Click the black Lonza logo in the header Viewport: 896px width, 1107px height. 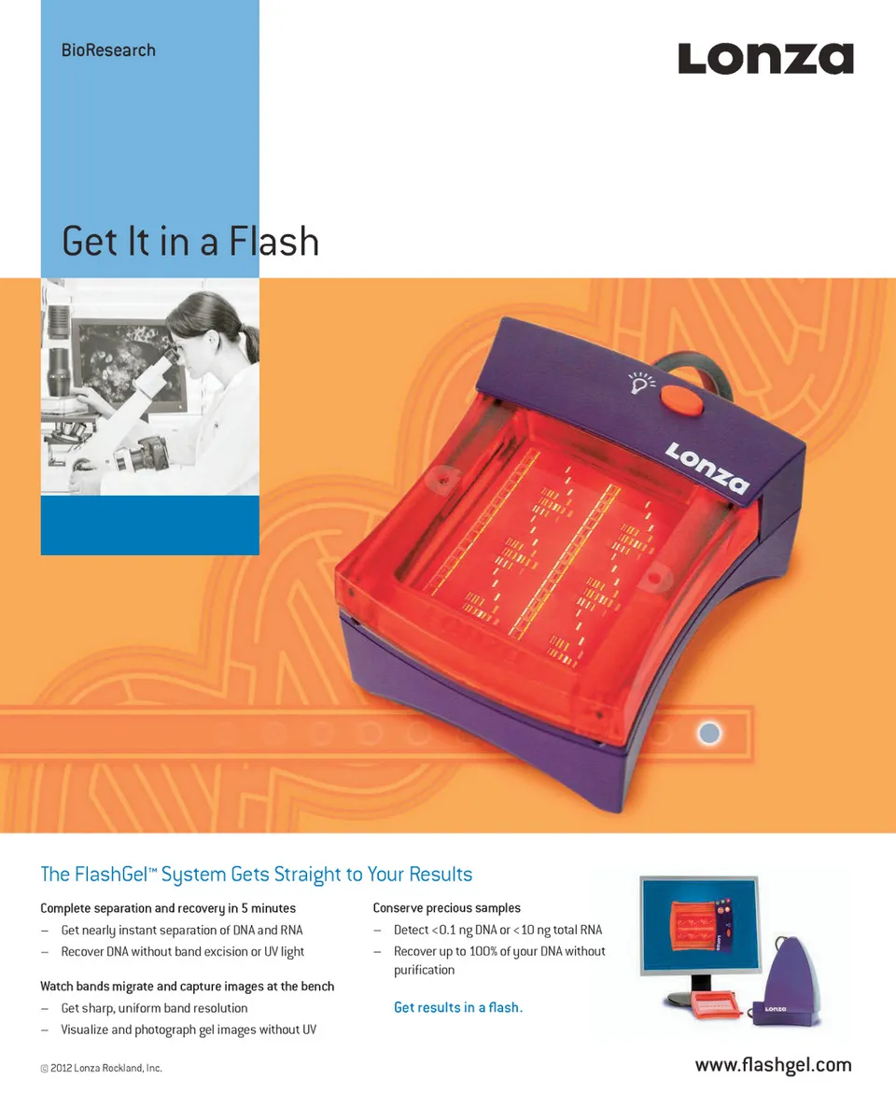pyautogui.click(x=765, y=59)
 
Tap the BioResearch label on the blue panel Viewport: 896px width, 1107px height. pyautogui.click(x=108, y=50)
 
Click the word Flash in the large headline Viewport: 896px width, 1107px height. pyautogui.click(x=274, y=242)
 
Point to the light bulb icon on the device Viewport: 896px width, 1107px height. pyautogui.click(x=641, y=382)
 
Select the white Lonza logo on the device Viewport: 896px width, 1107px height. pyautogui.click(x=707, y=468)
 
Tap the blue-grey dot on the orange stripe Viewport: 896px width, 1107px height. pyautogui.click(x=709, y=734)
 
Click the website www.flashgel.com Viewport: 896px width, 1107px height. pyautogui.click(x=773, y=1065)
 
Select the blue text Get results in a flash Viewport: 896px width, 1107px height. pyautogui.click(x=458, y=1007)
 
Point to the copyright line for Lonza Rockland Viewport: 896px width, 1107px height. pyautogui.click(x=101, y=1068)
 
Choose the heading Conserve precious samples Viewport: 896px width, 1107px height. pyautogui.click(x=447, y=908)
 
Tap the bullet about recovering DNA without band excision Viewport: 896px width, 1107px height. pyautogui.click(x=182, y=952)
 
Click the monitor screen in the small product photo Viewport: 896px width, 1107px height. pyautogui.click(x=700, y=924)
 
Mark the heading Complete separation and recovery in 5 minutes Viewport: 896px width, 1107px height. pyautogui.click(x=168, y=908)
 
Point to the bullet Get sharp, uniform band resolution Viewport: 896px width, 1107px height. pyautogui.click(x=154, y=1008)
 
